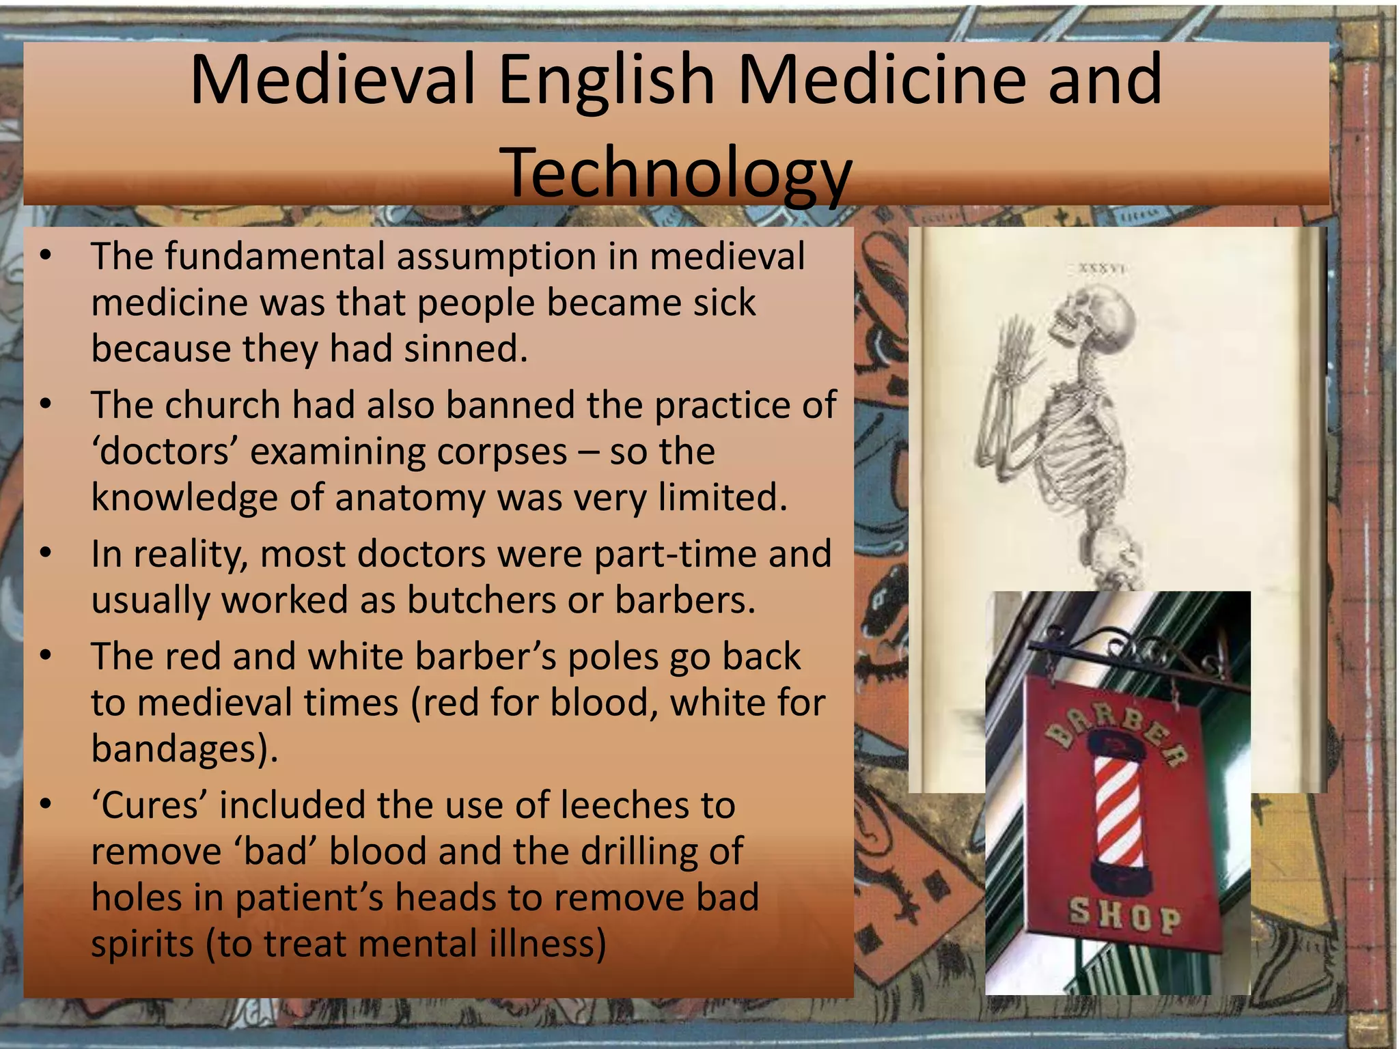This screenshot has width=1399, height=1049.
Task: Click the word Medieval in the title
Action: (332, 80)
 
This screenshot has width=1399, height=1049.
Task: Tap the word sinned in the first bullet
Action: (465, 349)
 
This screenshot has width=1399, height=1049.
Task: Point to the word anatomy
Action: (410, 497)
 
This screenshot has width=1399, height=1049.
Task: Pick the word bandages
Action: (180, 749)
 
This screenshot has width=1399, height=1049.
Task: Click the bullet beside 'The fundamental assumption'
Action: (46, 256)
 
